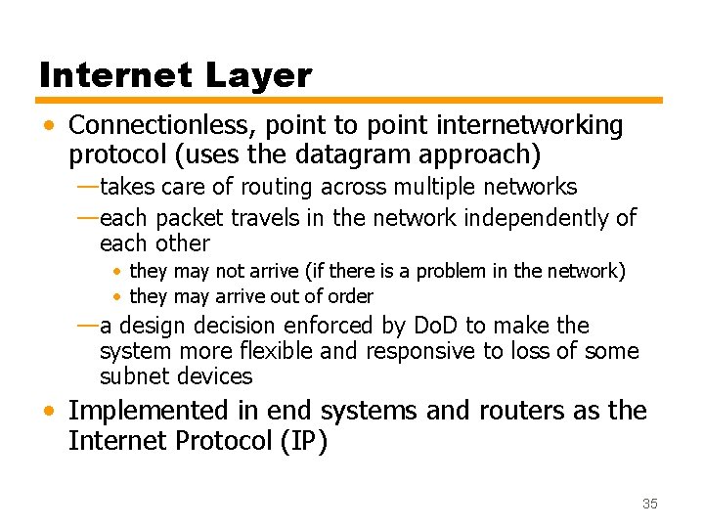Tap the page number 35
(x=650, y=503)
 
